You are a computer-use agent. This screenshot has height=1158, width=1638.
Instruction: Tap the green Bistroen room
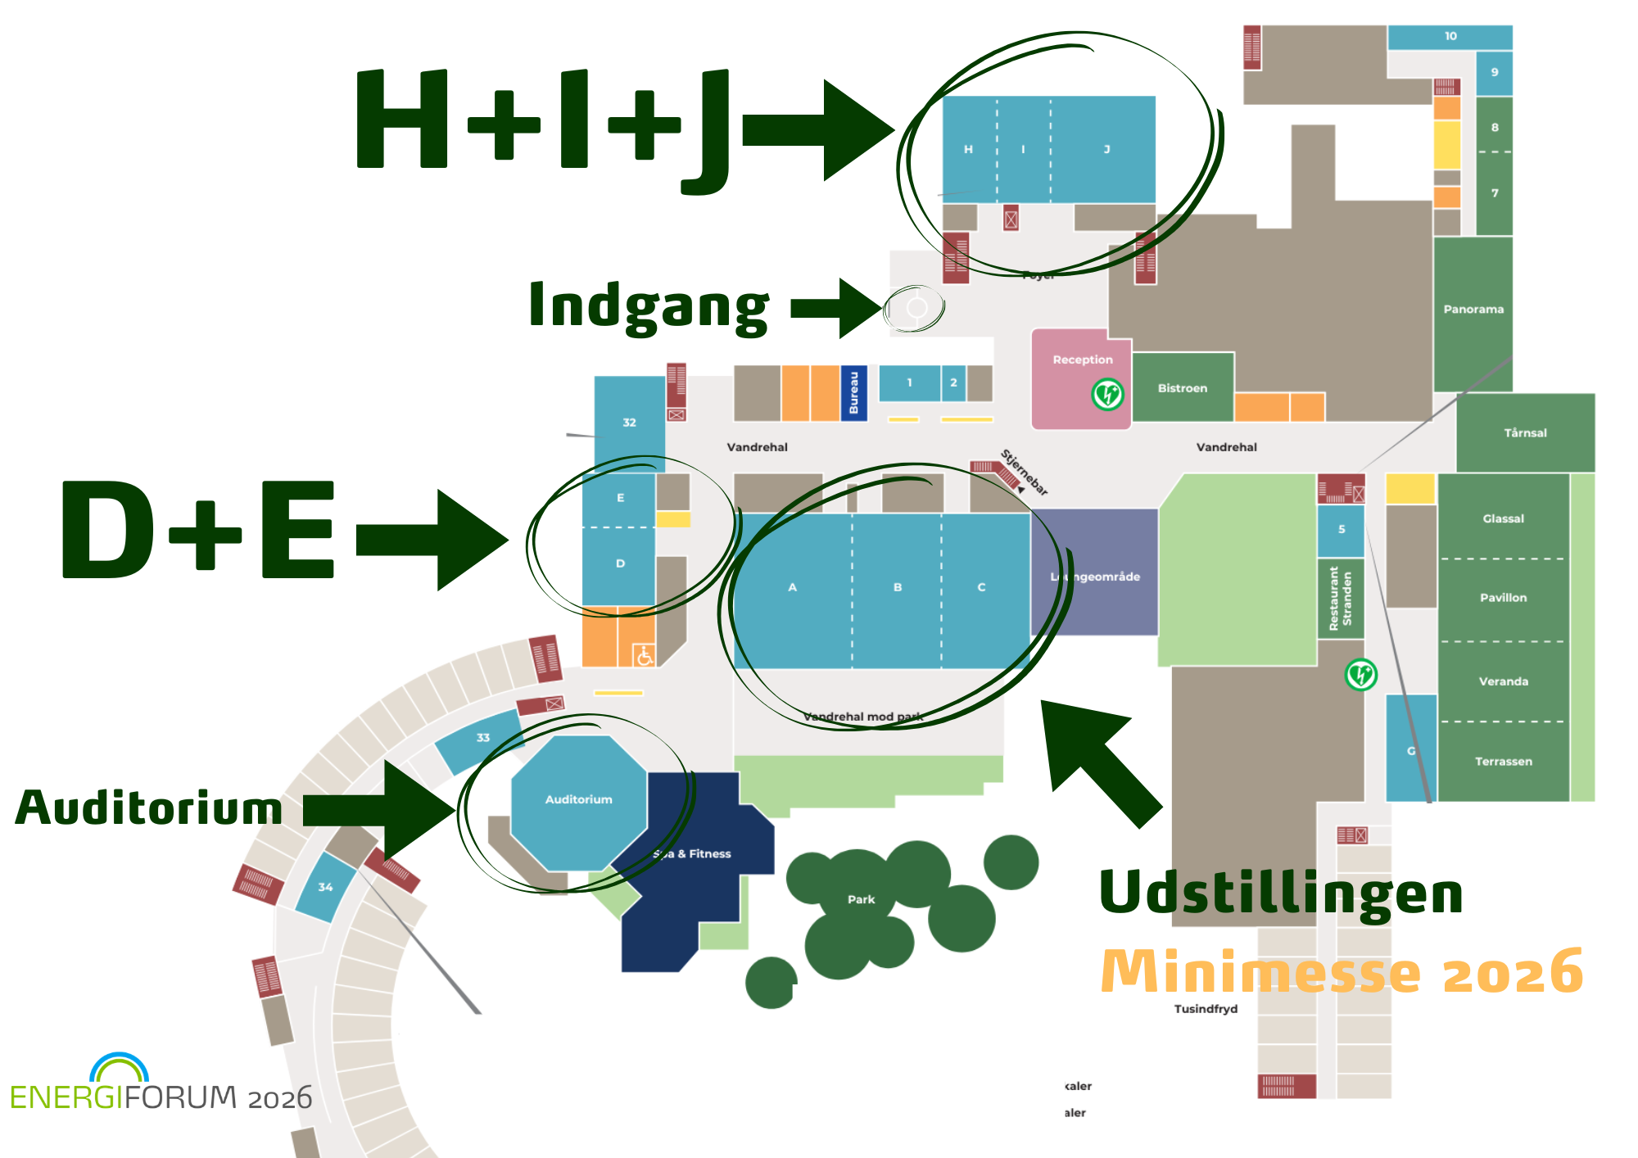coord(1182,388)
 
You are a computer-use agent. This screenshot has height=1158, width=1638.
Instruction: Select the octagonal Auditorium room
coord(578,800)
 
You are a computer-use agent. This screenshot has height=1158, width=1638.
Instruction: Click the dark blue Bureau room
coord(853,393)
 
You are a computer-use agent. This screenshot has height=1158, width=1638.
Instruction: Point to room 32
coord(629,423)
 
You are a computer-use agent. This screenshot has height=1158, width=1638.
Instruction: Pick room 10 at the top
coord(1450,37)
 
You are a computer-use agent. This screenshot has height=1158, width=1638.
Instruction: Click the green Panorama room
coord(1473,310)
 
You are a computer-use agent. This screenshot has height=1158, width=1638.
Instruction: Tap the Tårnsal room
coord(1525,433)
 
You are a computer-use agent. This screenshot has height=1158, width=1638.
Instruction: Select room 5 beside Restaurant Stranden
coord(1341,530)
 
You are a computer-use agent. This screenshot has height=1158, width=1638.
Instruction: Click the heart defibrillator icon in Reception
coord(1107,395)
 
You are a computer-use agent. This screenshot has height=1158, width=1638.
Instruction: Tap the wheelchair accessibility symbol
coord(645,655)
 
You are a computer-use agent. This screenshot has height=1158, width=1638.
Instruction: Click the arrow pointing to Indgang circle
coord(835,308)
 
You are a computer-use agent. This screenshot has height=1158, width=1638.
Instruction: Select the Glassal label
coord(1503,518)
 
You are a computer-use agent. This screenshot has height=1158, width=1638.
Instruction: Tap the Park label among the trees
coord(861,899)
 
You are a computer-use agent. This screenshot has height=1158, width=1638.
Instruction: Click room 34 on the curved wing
coord(325,887)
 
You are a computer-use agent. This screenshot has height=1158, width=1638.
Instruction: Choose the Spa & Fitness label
coord(693,853)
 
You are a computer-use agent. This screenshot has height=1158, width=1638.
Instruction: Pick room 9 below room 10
coord(1494,73)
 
